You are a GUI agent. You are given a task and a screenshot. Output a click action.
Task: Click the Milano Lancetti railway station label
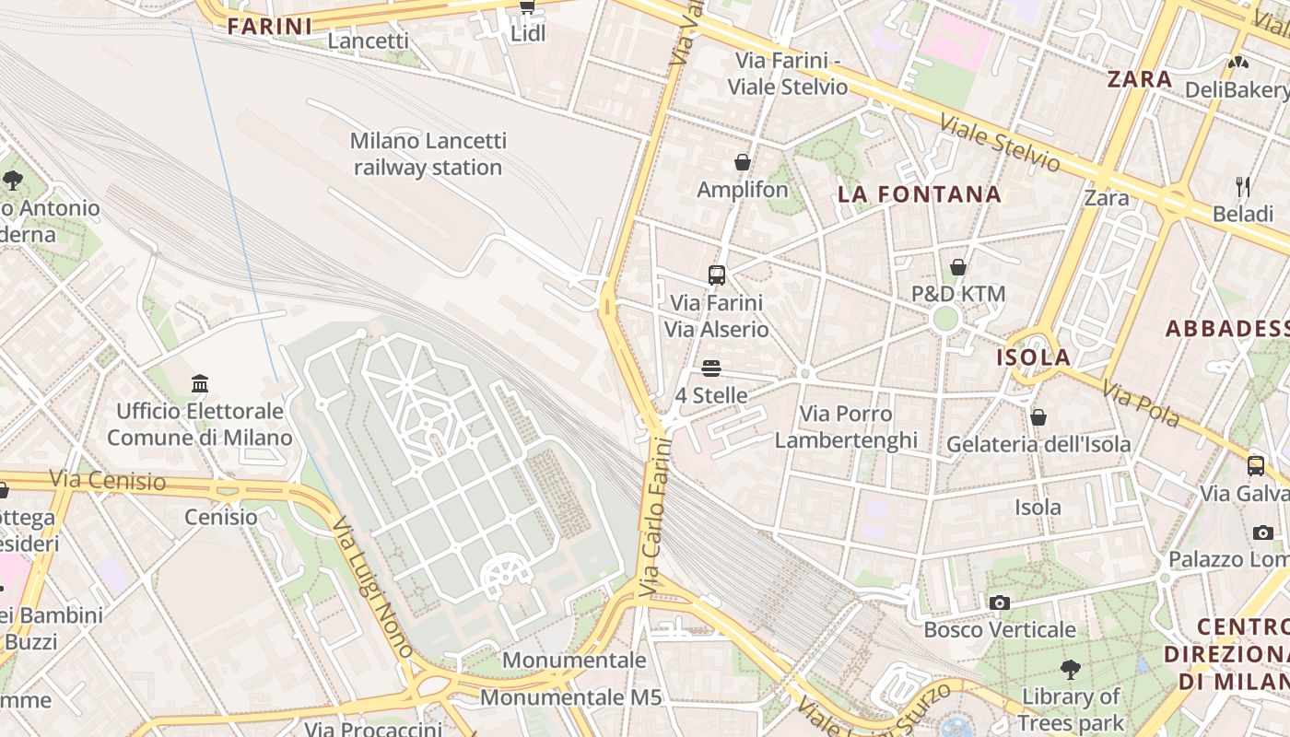[x=428, y=154]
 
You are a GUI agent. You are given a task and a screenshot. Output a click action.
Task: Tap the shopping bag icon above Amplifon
[x=742, y=163]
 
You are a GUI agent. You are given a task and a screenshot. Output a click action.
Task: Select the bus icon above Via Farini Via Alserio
[x=716, y=275]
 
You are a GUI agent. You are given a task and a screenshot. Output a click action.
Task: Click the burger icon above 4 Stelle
[x=710, y=368]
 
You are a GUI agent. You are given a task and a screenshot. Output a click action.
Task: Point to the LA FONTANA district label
[x=919, y=194]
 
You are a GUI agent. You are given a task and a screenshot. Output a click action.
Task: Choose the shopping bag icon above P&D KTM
[x=958, y=267]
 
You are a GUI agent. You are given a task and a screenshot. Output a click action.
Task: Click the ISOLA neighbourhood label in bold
[x=1034, y=357]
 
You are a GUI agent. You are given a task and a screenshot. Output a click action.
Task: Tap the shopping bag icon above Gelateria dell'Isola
[x=1038, y=417]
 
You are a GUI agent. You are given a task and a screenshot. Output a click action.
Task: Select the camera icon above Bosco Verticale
[x=1000, y=602]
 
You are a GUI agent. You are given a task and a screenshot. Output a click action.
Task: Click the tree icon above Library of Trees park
[x=1070, y=669]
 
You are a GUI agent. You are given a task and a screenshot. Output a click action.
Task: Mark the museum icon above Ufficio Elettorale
[x=200, y=383]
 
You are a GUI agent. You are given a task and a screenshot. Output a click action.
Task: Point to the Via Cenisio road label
[x=108, y=480]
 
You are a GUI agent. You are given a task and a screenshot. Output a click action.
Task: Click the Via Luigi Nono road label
[x=373, y=586]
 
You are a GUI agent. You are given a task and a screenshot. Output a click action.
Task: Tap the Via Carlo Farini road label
[x=656, y=516]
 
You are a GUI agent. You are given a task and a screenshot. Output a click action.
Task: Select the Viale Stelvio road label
[x=1000, y=143]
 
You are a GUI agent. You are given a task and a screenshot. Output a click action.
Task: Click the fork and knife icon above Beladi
[x=1243, y=187]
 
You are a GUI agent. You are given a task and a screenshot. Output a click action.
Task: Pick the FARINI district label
[x=270, y=27]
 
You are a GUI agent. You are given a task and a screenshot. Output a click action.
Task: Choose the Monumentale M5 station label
[x=570, y=697]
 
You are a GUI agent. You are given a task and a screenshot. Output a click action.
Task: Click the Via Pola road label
[x=1142, y=406]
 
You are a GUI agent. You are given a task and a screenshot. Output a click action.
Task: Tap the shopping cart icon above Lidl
[x=527, y=7]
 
